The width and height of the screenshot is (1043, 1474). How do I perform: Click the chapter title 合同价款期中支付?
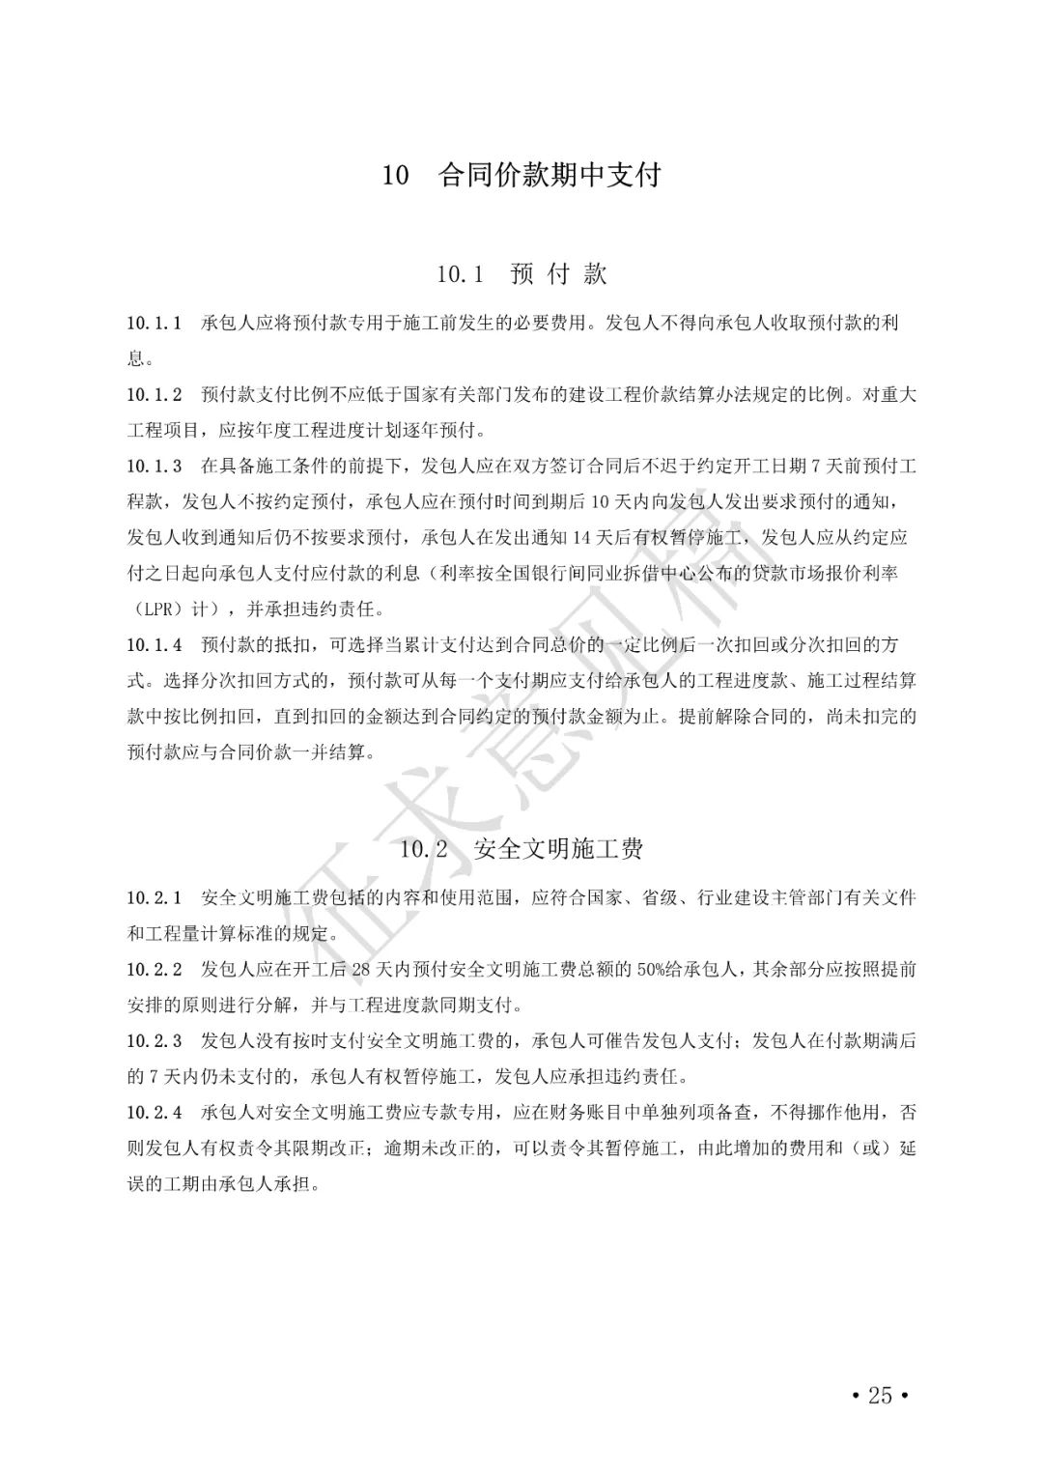[x=550, y=176]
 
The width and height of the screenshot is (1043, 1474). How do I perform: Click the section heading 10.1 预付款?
[x=521, y=274]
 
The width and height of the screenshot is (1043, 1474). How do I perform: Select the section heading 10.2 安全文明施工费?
[x=521, y=849]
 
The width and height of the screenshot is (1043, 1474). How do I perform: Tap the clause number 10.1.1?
[x=155, y=323]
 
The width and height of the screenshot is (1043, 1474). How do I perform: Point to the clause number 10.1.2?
[x=155, y=394]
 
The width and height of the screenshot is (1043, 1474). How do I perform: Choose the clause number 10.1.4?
[x=155, y=644]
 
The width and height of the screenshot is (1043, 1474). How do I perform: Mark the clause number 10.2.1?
[x=155, y=898]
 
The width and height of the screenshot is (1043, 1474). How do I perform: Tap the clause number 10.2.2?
[x=155, y=970]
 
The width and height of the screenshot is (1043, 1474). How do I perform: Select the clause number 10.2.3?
[x=155, y=1041]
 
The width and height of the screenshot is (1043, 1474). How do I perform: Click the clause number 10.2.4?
[x=155, y=1113]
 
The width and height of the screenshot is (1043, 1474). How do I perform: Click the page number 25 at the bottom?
[x=880, y=1395]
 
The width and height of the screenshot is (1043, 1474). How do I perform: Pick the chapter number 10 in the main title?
[x=395, y=177]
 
